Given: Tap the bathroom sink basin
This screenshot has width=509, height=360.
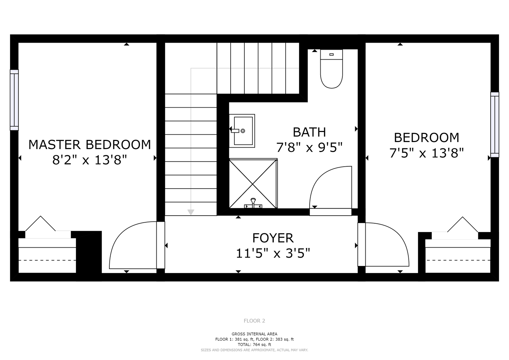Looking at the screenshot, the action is click(243, 131).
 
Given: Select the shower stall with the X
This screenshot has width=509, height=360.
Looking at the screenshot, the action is click(253, 183).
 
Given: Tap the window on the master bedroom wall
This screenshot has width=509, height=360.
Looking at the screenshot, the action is click(14, 100).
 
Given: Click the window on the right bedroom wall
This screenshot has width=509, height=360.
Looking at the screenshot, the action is click(495, 125).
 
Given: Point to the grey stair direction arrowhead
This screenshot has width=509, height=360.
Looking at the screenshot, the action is click(191, 212).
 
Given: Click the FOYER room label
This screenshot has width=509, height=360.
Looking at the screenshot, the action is click(273, 238).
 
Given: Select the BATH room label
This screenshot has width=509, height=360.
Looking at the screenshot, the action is click(309, 132).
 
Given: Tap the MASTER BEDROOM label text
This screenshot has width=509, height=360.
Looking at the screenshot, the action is click(90, 145).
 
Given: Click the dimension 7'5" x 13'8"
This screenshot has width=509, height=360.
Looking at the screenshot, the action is click(427, 153).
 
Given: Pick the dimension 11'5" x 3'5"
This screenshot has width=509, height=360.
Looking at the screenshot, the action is click(273, 253).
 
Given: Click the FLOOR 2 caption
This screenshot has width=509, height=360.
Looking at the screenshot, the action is click(254, 321).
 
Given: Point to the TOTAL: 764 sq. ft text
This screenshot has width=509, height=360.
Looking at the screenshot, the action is click(254, 345).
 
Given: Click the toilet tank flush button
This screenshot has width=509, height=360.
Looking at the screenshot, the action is click(331, 55).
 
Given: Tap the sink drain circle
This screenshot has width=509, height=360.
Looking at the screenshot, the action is click(243, 131).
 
